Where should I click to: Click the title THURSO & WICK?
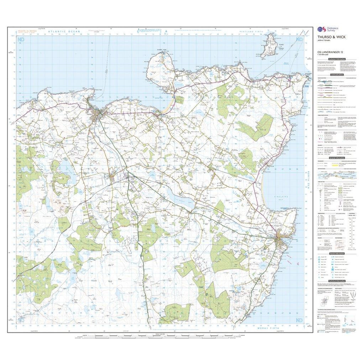(327, 40)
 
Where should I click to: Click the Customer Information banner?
(336, 58)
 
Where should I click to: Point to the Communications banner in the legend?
(336, 75)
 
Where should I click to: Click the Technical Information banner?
(336, 281)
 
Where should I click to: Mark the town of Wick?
(281, 241)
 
